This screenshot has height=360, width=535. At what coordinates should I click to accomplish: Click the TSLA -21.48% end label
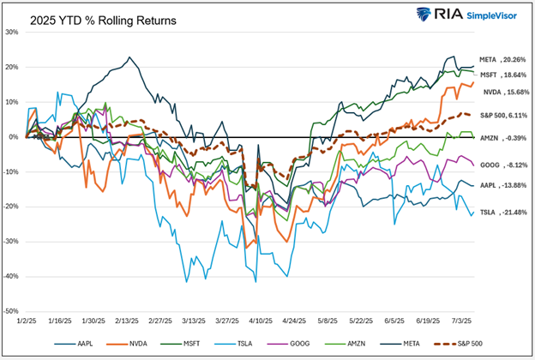point(499,212)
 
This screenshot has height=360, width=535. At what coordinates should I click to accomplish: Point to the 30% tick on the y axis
point(12,33)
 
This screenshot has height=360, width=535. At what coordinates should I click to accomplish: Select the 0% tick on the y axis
point(14,137)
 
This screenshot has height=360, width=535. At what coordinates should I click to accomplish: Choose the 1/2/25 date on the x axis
point(27,322)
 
